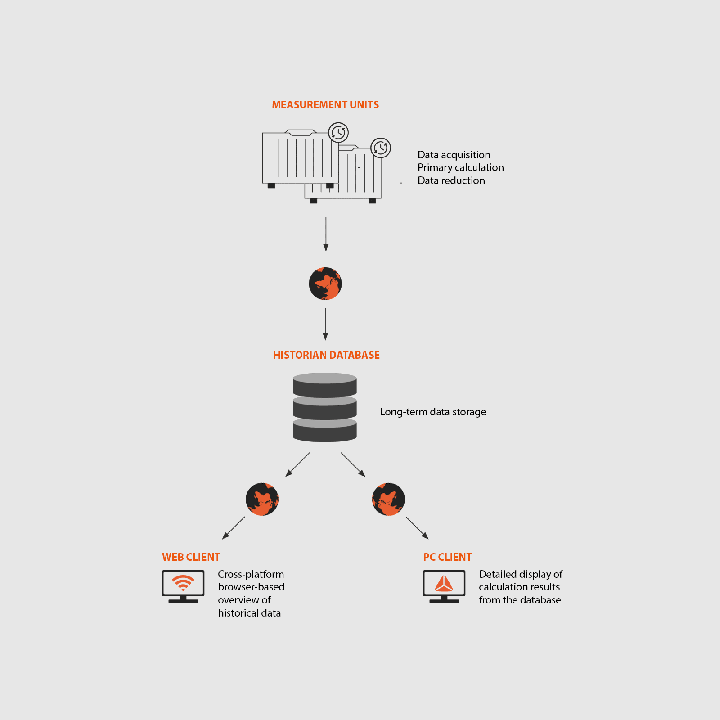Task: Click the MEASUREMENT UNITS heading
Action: pyautogui.click(x=325, y=105)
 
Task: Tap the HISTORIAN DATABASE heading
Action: pyautogui.click(x=326, y=355)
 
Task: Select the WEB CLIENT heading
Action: pyautogui.click(x=191, y=557)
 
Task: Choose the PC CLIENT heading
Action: pyautogui.click(x=448, y=557)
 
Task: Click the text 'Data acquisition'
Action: pyautogui.click(x=454, y=155)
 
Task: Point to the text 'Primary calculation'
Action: pyautogui.click(x=461, y=167)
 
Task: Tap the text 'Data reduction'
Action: pyautogui.click(x=451, y=180)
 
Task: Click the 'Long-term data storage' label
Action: pyautogui.click(x=433, y=412)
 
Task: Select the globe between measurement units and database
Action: pyautogui.click(x=325, y=283)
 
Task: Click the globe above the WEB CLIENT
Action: pyautogui.click(x=262, y=499)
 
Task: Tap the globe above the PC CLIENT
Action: pyautogui.click(x=388, y=499)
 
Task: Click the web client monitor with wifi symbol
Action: pyautogui.click(x=183, y=586)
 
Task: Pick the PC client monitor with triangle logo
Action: pyautogui.click(x=444, y=586)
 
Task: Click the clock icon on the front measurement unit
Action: pyautogui.click(x=338, y=132)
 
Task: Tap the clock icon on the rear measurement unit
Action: pyautogui.click(x=381, y=148)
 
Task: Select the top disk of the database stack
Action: pyautogui.click(x=325, y=385)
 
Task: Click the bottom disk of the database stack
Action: pyautogui.click(x=325, y=430)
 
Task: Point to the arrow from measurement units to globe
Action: pyautogui.click(x=326, y=234)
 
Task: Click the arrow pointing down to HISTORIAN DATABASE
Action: pyautogui.click(x=325, y=324)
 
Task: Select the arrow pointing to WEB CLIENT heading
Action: pyautogui.click(x=234, y=528)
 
